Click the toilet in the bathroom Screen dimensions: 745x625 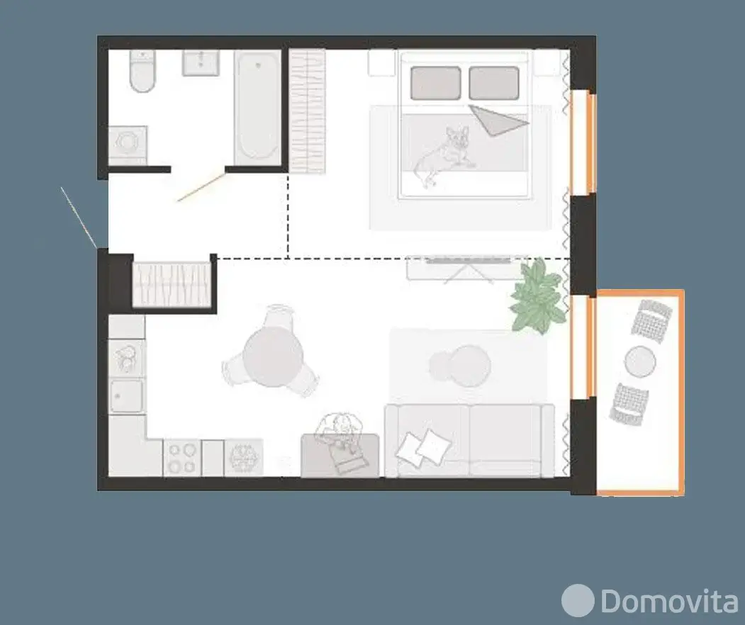point(142,72)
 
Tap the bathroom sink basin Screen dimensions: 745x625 point(201,63)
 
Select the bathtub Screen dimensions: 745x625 point(257,107)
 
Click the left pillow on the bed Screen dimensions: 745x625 point(436,83)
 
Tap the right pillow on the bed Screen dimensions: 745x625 point(493,83)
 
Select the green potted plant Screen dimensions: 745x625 point(538,295)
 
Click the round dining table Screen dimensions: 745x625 point(273,356)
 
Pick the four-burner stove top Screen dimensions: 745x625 point(183,457)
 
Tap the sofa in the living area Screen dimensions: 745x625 point(469,440)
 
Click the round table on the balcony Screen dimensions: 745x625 point(640,362)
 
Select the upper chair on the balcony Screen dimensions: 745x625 point(652,320)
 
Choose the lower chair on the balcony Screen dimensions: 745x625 point(629,404)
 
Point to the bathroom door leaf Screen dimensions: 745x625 point(201,186)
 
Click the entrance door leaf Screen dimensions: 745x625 point(79,218)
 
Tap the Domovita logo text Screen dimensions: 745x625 point(670,601)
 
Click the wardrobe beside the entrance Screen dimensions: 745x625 point(172,284)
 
